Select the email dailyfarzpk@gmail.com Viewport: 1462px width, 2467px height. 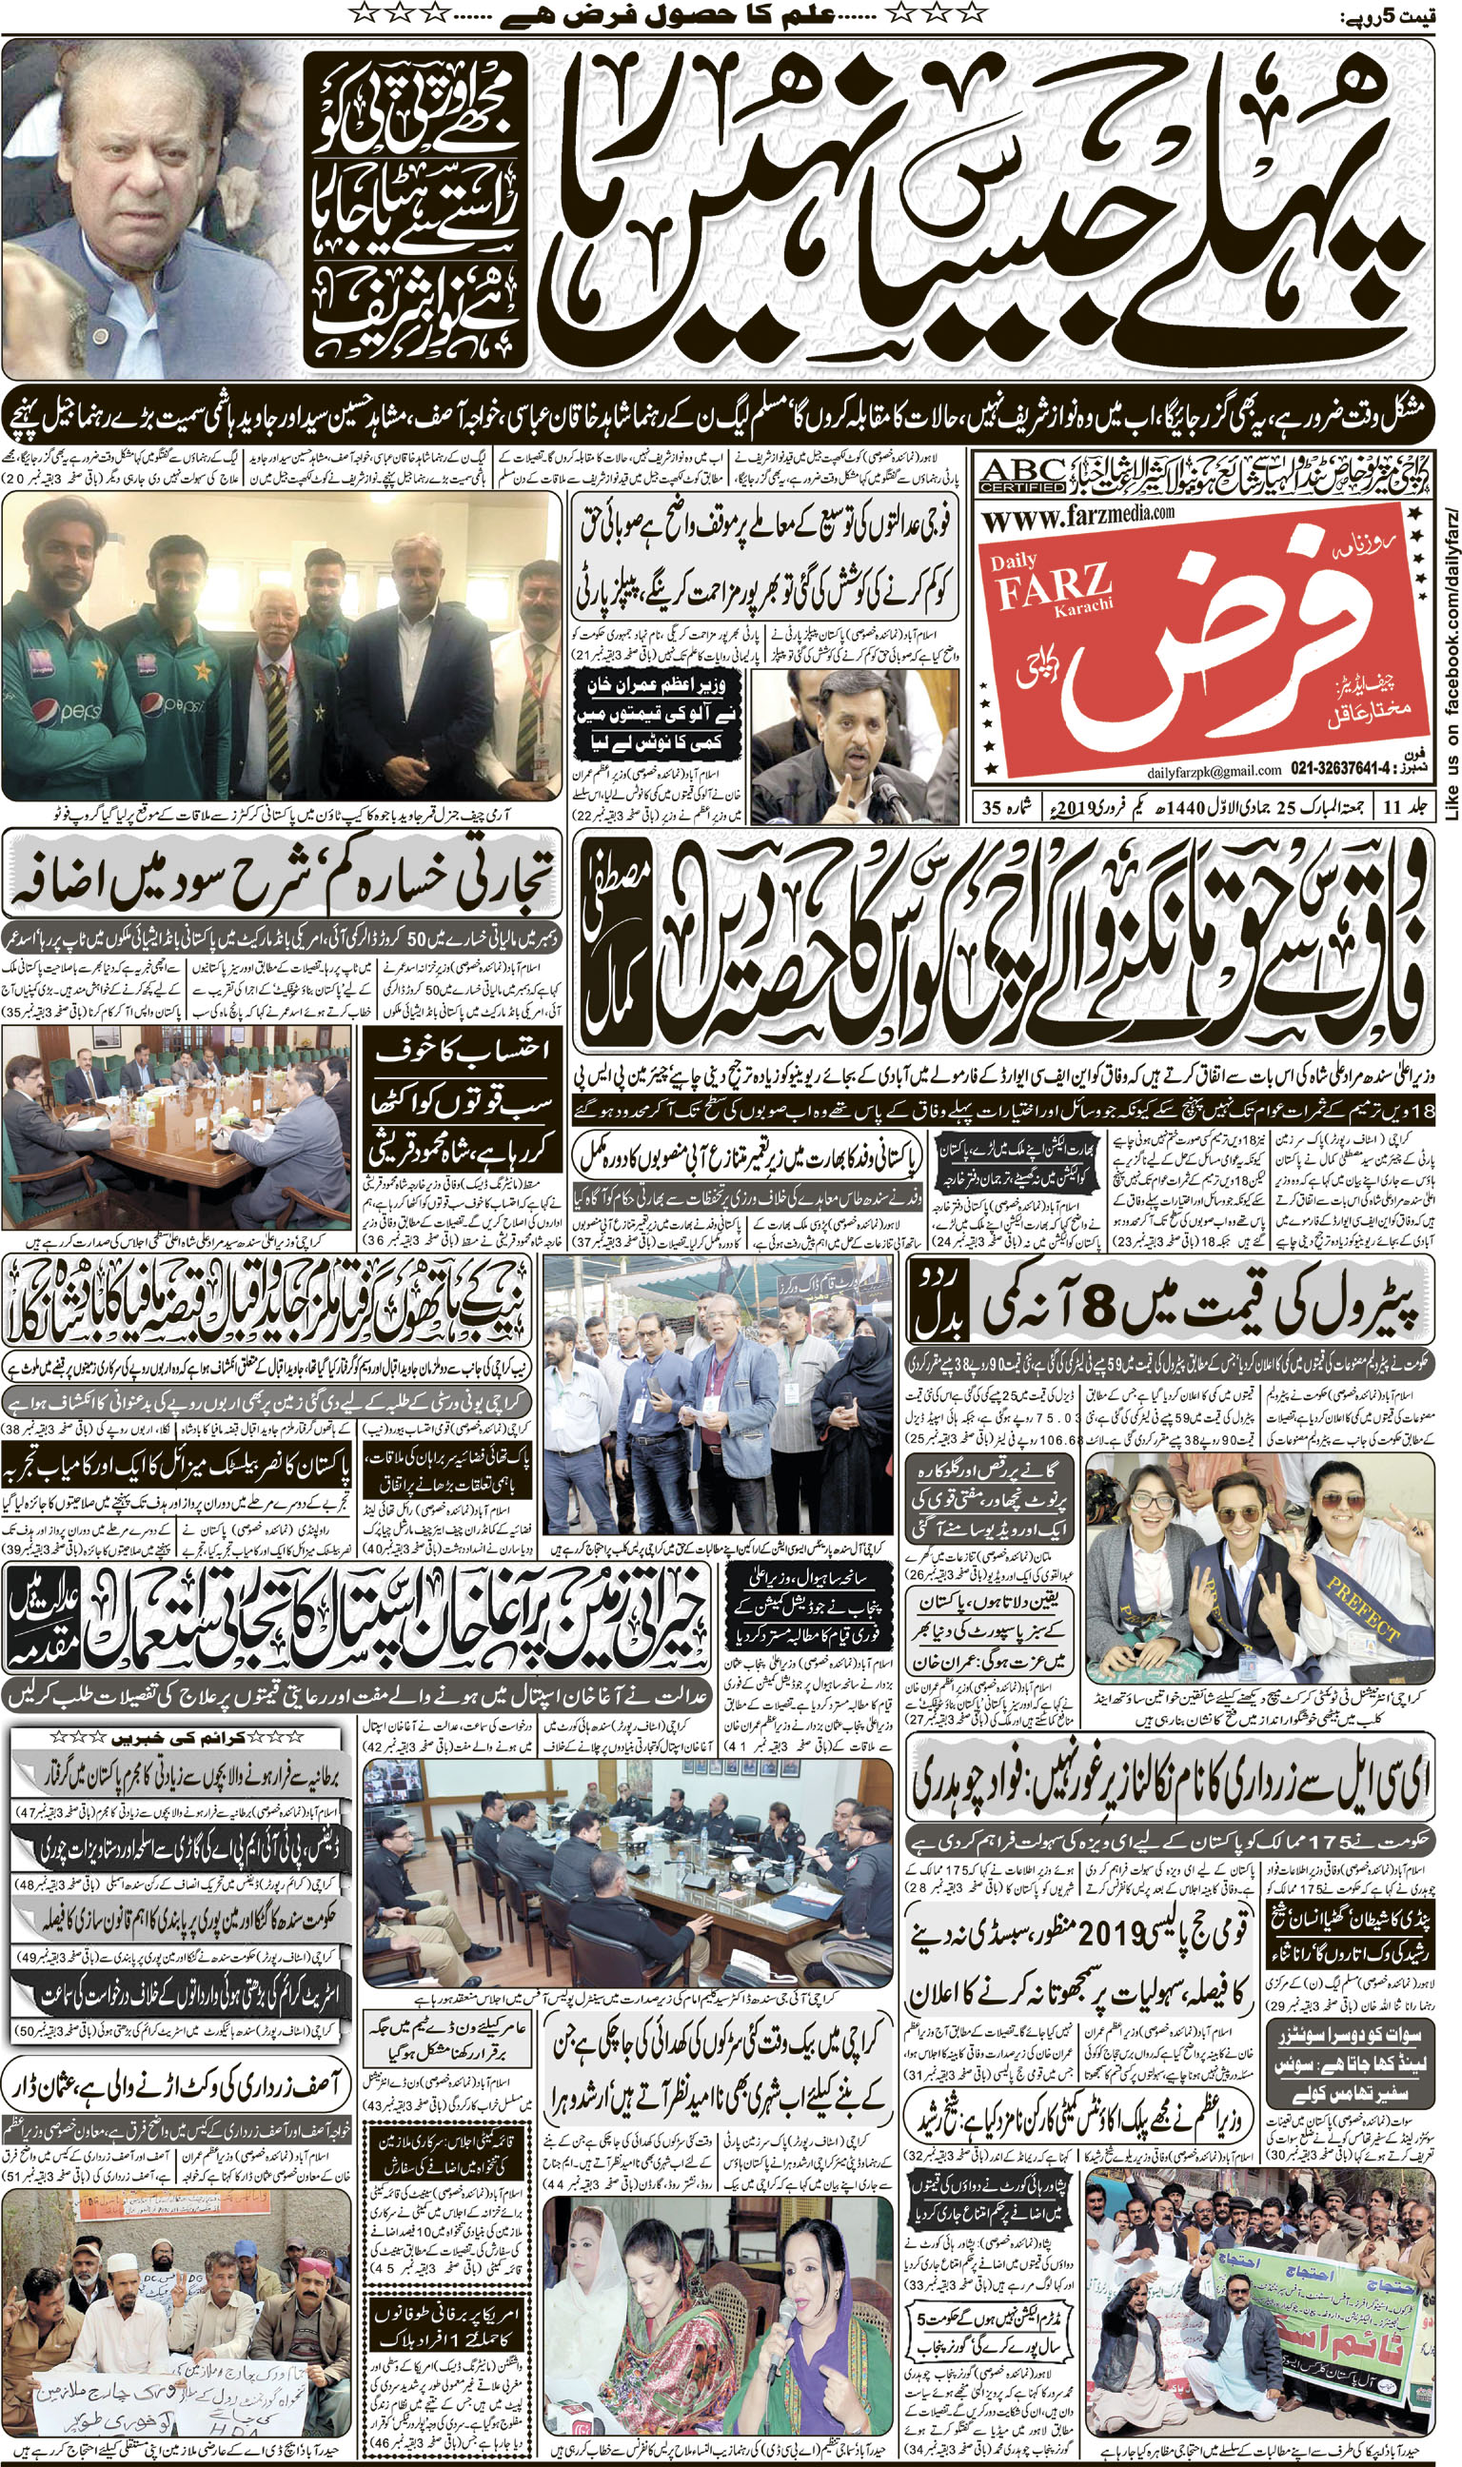(1214, 770)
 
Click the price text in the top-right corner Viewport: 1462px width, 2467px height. (1398, 16)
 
